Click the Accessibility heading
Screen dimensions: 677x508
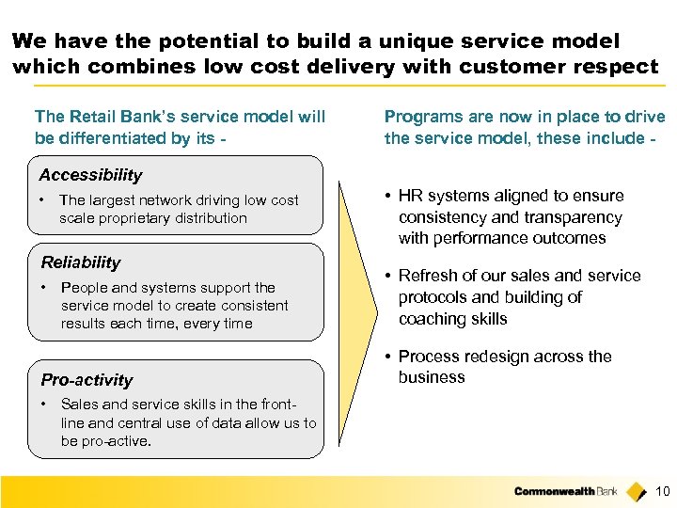coord(90,175)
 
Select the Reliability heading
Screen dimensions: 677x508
coord(81,262)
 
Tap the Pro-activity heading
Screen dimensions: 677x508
coord(87,380)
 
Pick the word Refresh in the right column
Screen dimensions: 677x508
coord(427,276)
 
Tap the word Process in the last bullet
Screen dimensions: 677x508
coord(428,357)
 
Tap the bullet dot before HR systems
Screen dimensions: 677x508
coord(387,196)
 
